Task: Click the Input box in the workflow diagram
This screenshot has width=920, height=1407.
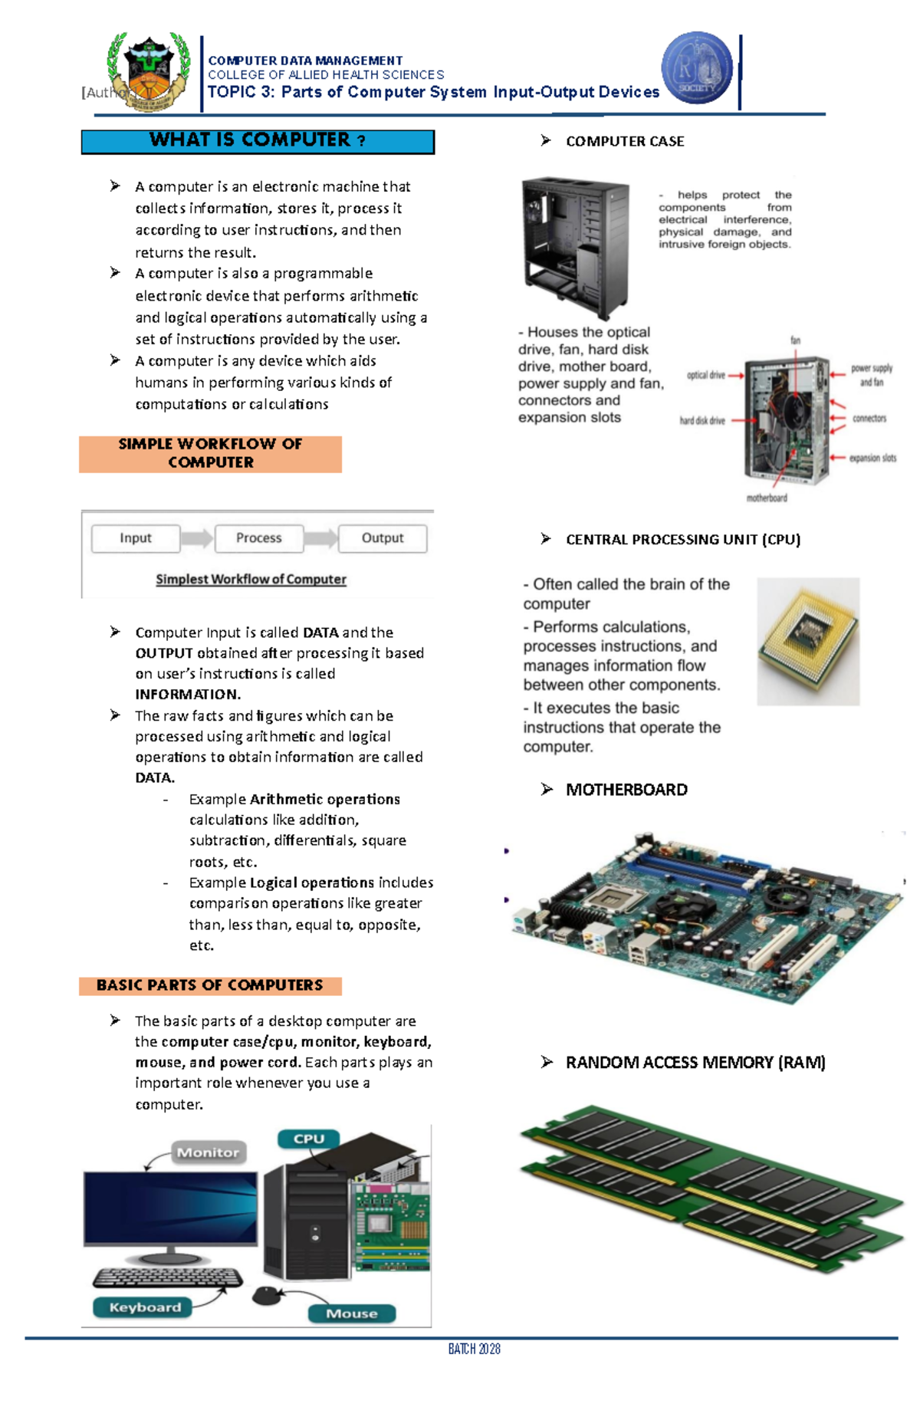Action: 136,538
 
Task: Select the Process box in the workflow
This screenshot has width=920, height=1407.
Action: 259,538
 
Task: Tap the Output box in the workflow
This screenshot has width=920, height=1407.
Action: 383,538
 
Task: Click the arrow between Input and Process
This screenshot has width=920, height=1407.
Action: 197,538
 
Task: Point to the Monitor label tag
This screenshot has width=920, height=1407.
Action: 208,1152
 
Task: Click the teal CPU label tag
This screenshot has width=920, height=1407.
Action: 308,1139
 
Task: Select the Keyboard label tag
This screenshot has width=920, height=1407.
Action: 145,1307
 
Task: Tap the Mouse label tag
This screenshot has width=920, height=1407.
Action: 351,1313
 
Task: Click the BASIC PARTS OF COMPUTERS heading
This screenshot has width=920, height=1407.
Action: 210,985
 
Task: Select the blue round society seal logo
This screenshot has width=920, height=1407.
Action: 697,68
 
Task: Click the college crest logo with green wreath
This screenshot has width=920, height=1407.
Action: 149,72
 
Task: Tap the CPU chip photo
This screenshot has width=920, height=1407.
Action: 808,641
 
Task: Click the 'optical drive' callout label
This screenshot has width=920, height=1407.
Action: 705,375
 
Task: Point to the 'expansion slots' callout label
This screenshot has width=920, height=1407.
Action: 872,458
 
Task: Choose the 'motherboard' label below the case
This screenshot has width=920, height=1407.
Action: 767,498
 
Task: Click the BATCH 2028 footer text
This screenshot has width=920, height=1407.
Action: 474,1349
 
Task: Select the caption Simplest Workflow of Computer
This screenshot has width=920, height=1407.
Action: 251,580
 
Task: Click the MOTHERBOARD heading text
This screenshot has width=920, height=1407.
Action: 626,790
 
